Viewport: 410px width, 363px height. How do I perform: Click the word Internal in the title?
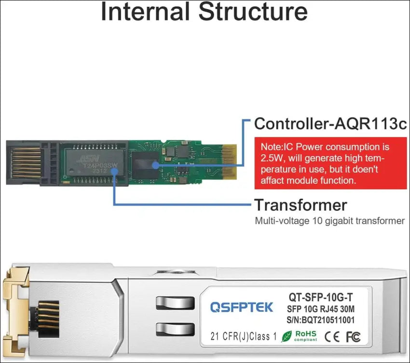point(145,12)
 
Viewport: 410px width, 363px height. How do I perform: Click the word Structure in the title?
point(254,12)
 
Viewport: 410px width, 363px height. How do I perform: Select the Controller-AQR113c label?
point(330,124)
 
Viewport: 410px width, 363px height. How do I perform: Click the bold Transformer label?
point(301,205)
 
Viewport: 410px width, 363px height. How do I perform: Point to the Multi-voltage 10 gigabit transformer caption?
point(329,221)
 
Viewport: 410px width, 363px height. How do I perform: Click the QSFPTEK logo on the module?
point(241,307)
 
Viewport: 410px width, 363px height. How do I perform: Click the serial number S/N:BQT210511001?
point(321,319)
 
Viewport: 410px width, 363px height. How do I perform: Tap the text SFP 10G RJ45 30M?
point(322,308)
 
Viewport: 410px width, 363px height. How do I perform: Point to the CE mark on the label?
point(332,336)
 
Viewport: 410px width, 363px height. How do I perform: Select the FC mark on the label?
point(353,336)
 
